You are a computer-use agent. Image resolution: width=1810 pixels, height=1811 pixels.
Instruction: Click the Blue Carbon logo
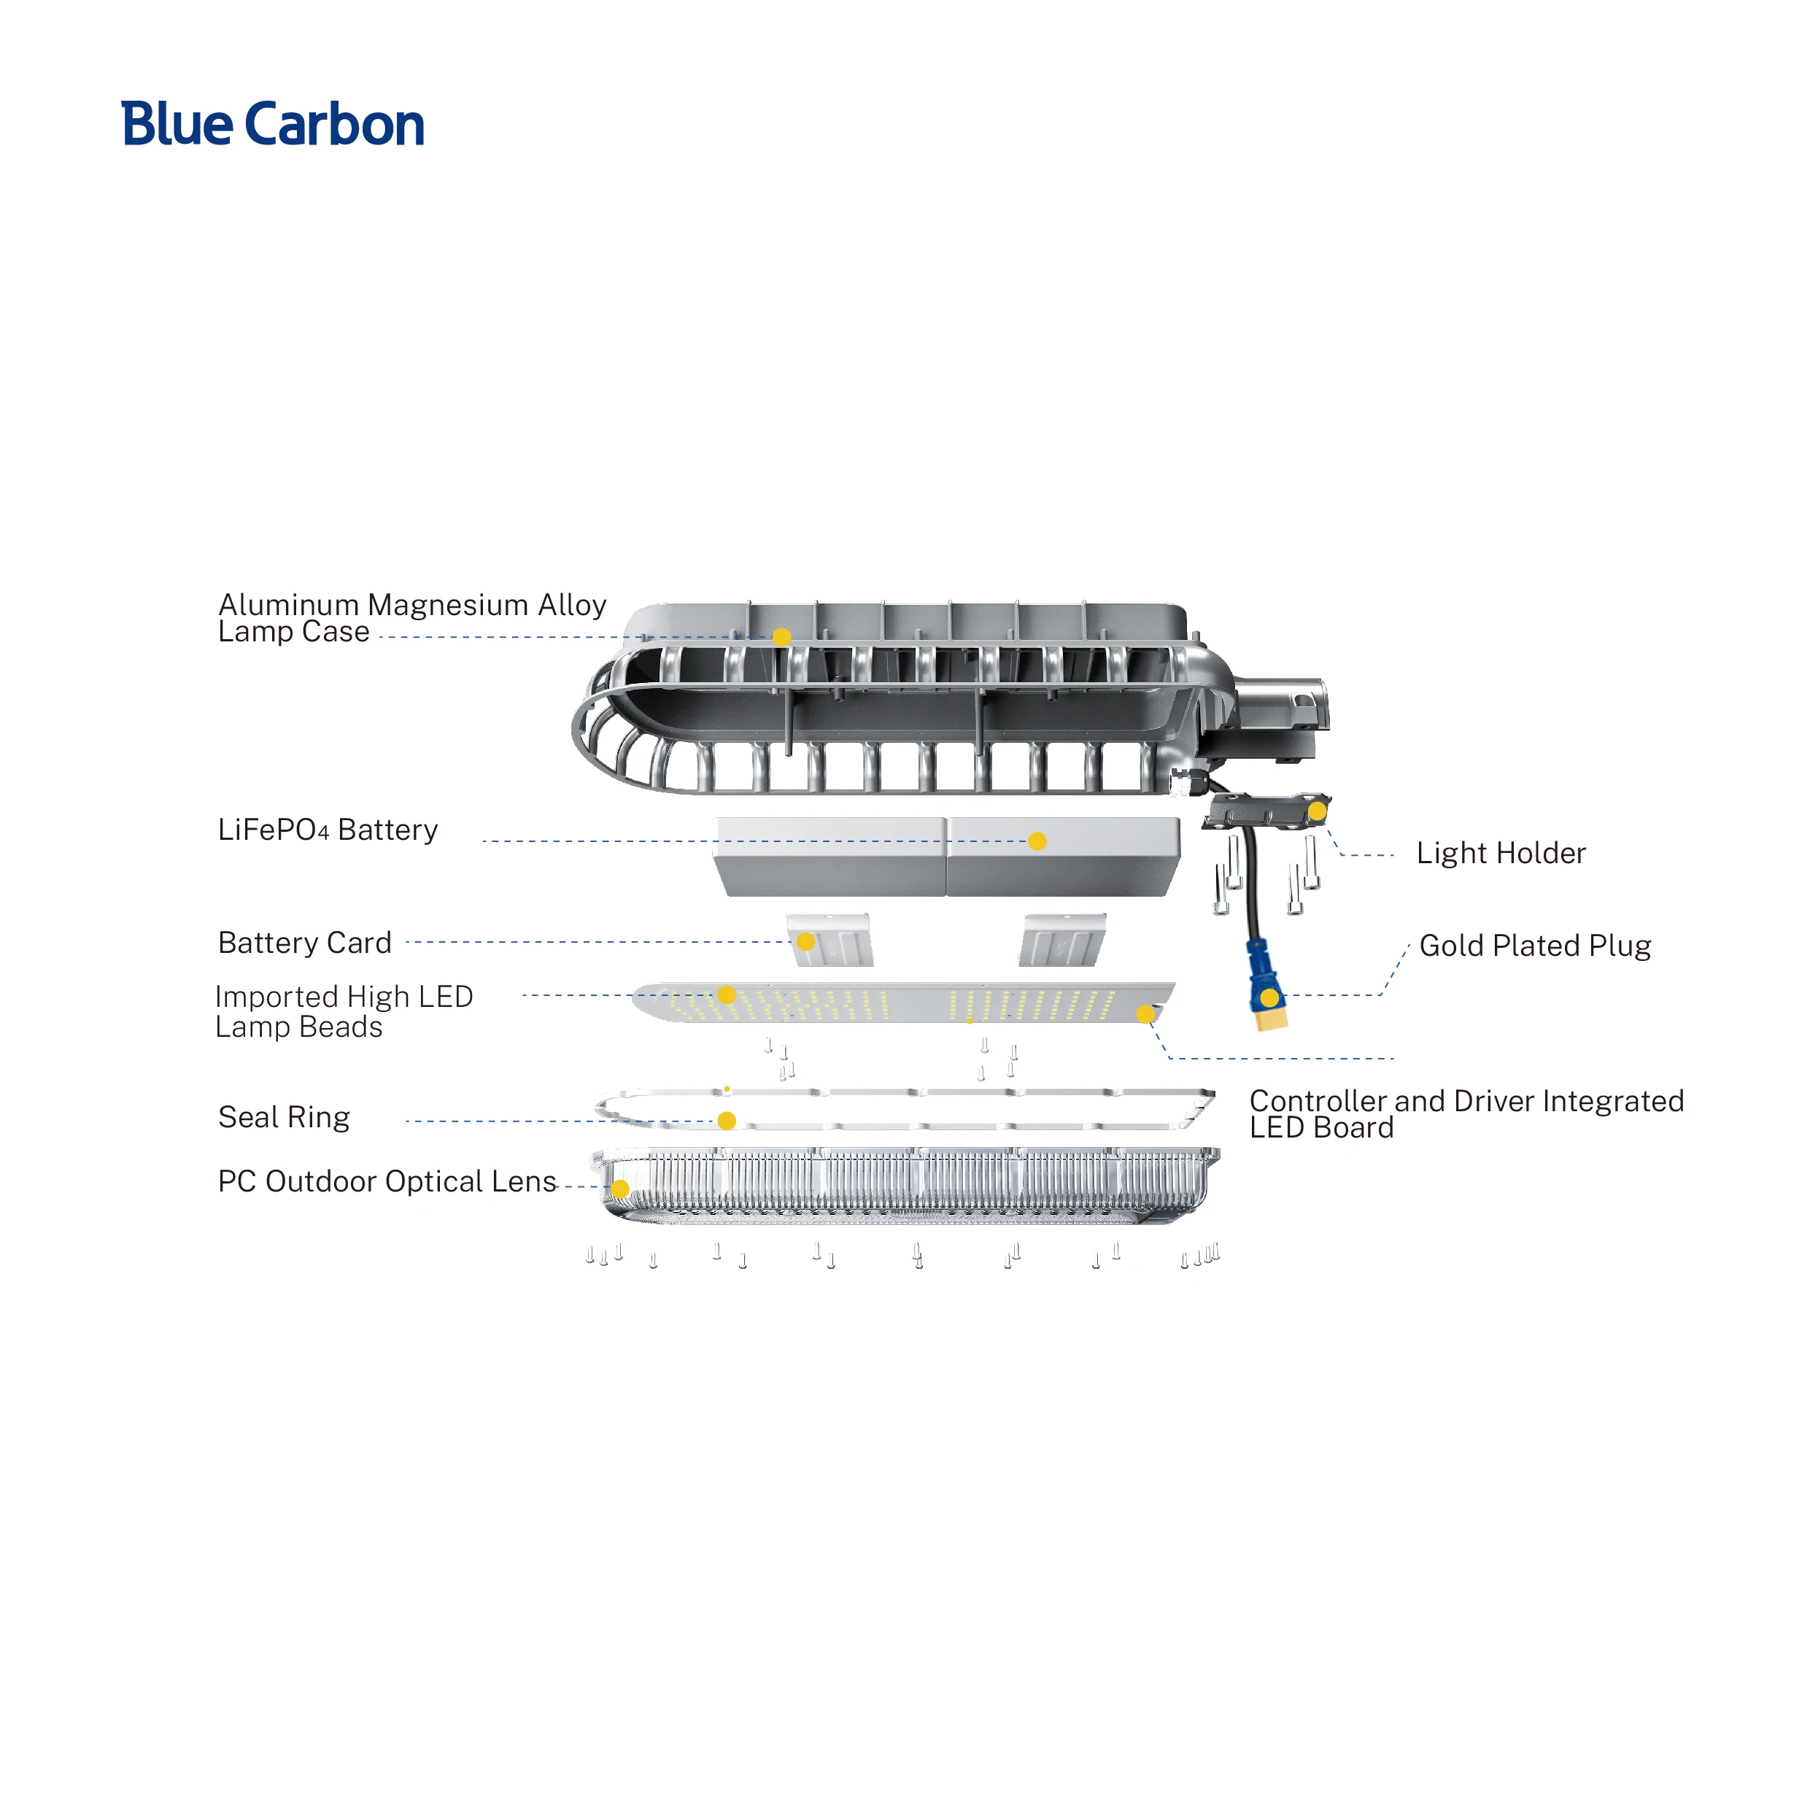[x=273, y=125]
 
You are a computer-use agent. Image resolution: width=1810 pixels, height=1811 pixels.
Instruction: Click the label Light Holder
[x=1501, y=853]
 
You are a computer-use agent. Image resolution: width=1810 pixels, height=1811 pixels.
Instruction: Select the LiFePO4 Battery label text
[x=327, y=830]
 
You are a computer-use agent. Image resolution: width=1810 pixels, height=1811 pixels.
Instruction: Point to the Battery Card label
[x=305, y=943]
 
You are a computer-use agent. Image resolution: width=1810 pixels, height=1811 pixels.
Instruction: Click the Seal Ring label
[x=284, y=1117]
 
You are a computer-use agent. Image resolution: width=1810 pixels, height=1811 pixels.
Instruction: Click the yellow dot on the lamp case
[x=781, y=638]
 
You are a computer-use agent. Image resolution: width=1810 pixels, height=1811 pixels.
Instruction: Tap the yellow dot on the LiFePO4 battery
[x=1037, y=842]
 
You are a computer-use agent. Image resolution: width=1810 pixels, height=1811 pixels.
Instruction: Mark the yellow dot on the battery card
[x=805, y=941]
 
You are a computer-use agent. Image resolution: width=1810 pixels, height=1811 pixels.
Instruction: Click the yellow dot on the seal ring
[x=727, y=1120]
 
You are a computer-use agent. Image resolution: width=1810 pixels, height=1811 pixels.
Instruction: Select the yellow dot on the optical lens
[x=619, y=1189]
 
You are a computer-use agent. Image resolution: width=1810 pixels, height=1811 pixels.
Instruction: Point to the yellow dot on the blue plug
[x=1268, y=997]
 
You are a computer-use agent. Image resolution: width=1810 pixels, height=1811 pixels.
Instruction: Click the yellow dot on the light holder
[x=1317, y=811]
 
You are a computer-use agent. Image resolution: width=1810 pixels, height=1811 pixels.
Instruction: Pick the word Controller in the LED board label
[x=1318, y=1101]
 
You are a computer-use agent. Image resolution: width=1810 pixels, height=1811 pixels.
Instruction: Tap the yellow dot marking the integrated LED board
[x=1145, y=1014]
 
